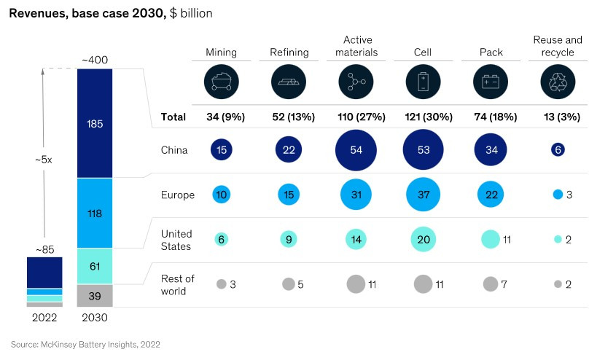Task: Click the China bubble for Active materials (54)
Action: (356, 151)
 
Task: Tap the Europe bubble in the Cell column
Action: (423, 195)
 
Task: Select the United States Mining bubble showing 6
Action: (221, 239)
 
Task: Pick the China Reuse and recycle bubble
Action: (558, 151)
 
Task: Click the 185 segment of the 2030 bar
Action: (95, 124)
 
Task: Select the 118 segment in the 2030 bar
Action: (95, 214)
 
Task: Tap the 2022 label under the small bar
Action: (44, 318)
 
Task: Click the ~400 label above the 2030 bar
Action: (95, 60)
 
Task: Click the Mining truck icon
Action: (221, 82)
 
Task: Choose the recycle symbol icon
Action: (558, 82)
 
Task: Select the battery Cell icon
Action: (423, 82)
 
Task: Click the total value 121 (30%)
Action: (423, 117)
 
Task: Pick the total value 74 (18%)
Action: (491, 117)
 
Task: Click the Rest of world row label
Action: (177, 284)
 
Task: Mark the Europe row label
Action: (177, 195)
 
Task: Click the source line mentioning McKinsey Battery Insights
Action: (85, 343)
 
